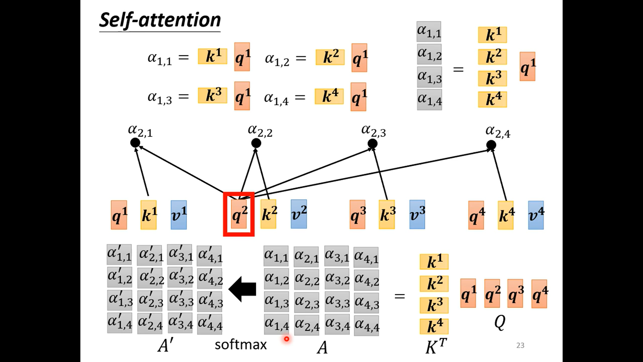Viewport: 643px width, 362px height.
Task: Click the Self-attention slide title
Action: point(160,20)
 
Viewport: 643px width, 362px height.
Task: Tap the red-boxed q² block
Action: point(239,215)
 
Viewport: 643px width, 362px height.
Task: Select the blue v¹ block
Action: point(179,215)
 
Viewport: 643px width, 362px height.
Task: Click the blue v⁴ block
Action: point(536,215)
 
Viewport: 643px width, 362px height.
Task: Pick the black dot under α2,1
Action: point(135,143)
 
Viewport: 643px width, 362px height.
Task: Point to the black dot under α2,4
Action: point(491,145)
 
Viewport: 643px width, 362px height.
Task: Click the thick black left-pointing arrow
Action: point(242,289)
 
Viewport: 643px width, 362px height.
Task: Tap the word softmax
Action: point(240,345)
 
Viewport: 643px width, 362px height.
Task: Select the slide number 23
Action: point(520,345)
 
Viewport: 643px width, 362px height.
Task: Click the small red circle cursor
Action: point(287,339)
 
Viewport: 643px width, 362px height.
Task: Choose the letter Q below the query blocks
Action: point(500,322)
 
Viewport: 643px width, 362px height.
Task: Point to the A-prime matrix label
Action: point(165,345)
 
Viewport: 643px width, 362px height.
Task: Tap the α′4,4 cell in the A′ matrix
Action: point(210,323)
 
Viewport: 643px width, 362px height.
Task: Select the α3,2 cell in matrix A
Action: point(337,279)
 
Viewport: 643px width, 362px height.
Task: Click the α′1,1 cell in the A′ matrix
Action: point(119,255)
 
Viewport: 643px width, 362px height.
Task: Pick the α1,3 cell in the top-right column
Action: point(429,77)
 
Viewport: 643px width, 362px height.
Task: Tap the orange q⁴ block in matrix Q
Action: point(539,294)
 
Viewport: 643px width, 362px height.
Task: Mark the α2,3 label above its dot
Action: point(373,131)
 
